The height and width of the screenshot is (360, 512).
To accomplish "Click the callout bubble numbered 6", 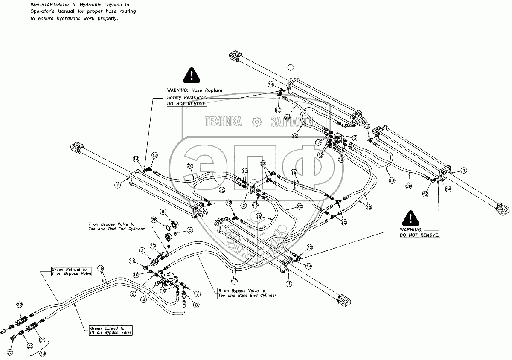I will (x=163, y=212).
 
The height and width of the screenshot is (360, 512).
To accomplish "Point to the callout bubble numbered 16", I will (x=101, y=268).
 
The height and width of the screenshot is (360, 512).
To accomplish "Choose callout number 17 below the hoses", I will (x=234, y=281).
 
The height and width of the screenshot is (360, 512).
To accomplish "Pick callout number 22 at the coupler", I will (x=19, y=305).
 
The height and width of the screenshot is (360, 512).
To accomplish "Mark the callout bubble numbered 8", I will (x=196, y=305).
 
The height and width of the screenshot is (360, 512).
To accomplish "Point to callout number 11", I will (x=132, y=261).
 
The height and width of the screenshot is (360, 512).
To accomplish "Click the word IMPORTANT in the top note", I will (x=44, y=4).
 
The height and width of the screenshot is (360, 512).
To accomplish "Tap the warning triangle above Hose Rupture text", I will (x=192, y=75).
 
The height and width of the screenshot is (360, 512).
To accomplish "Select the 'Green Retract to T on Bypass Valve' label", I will (x=71, y=272).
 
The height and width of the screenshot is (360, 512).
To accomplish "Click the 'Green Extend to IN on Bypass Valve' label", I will (x=110, y=330).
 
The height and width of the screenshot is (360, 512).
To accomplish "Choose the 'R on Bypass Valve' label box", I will (x=247, y=293).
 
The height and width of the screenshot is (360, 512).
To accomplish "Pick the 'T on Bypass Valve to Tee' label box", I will (x=116, y=226).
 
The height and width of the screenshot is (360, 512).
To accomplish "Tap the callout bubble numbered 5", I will (x=190, y=230).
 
